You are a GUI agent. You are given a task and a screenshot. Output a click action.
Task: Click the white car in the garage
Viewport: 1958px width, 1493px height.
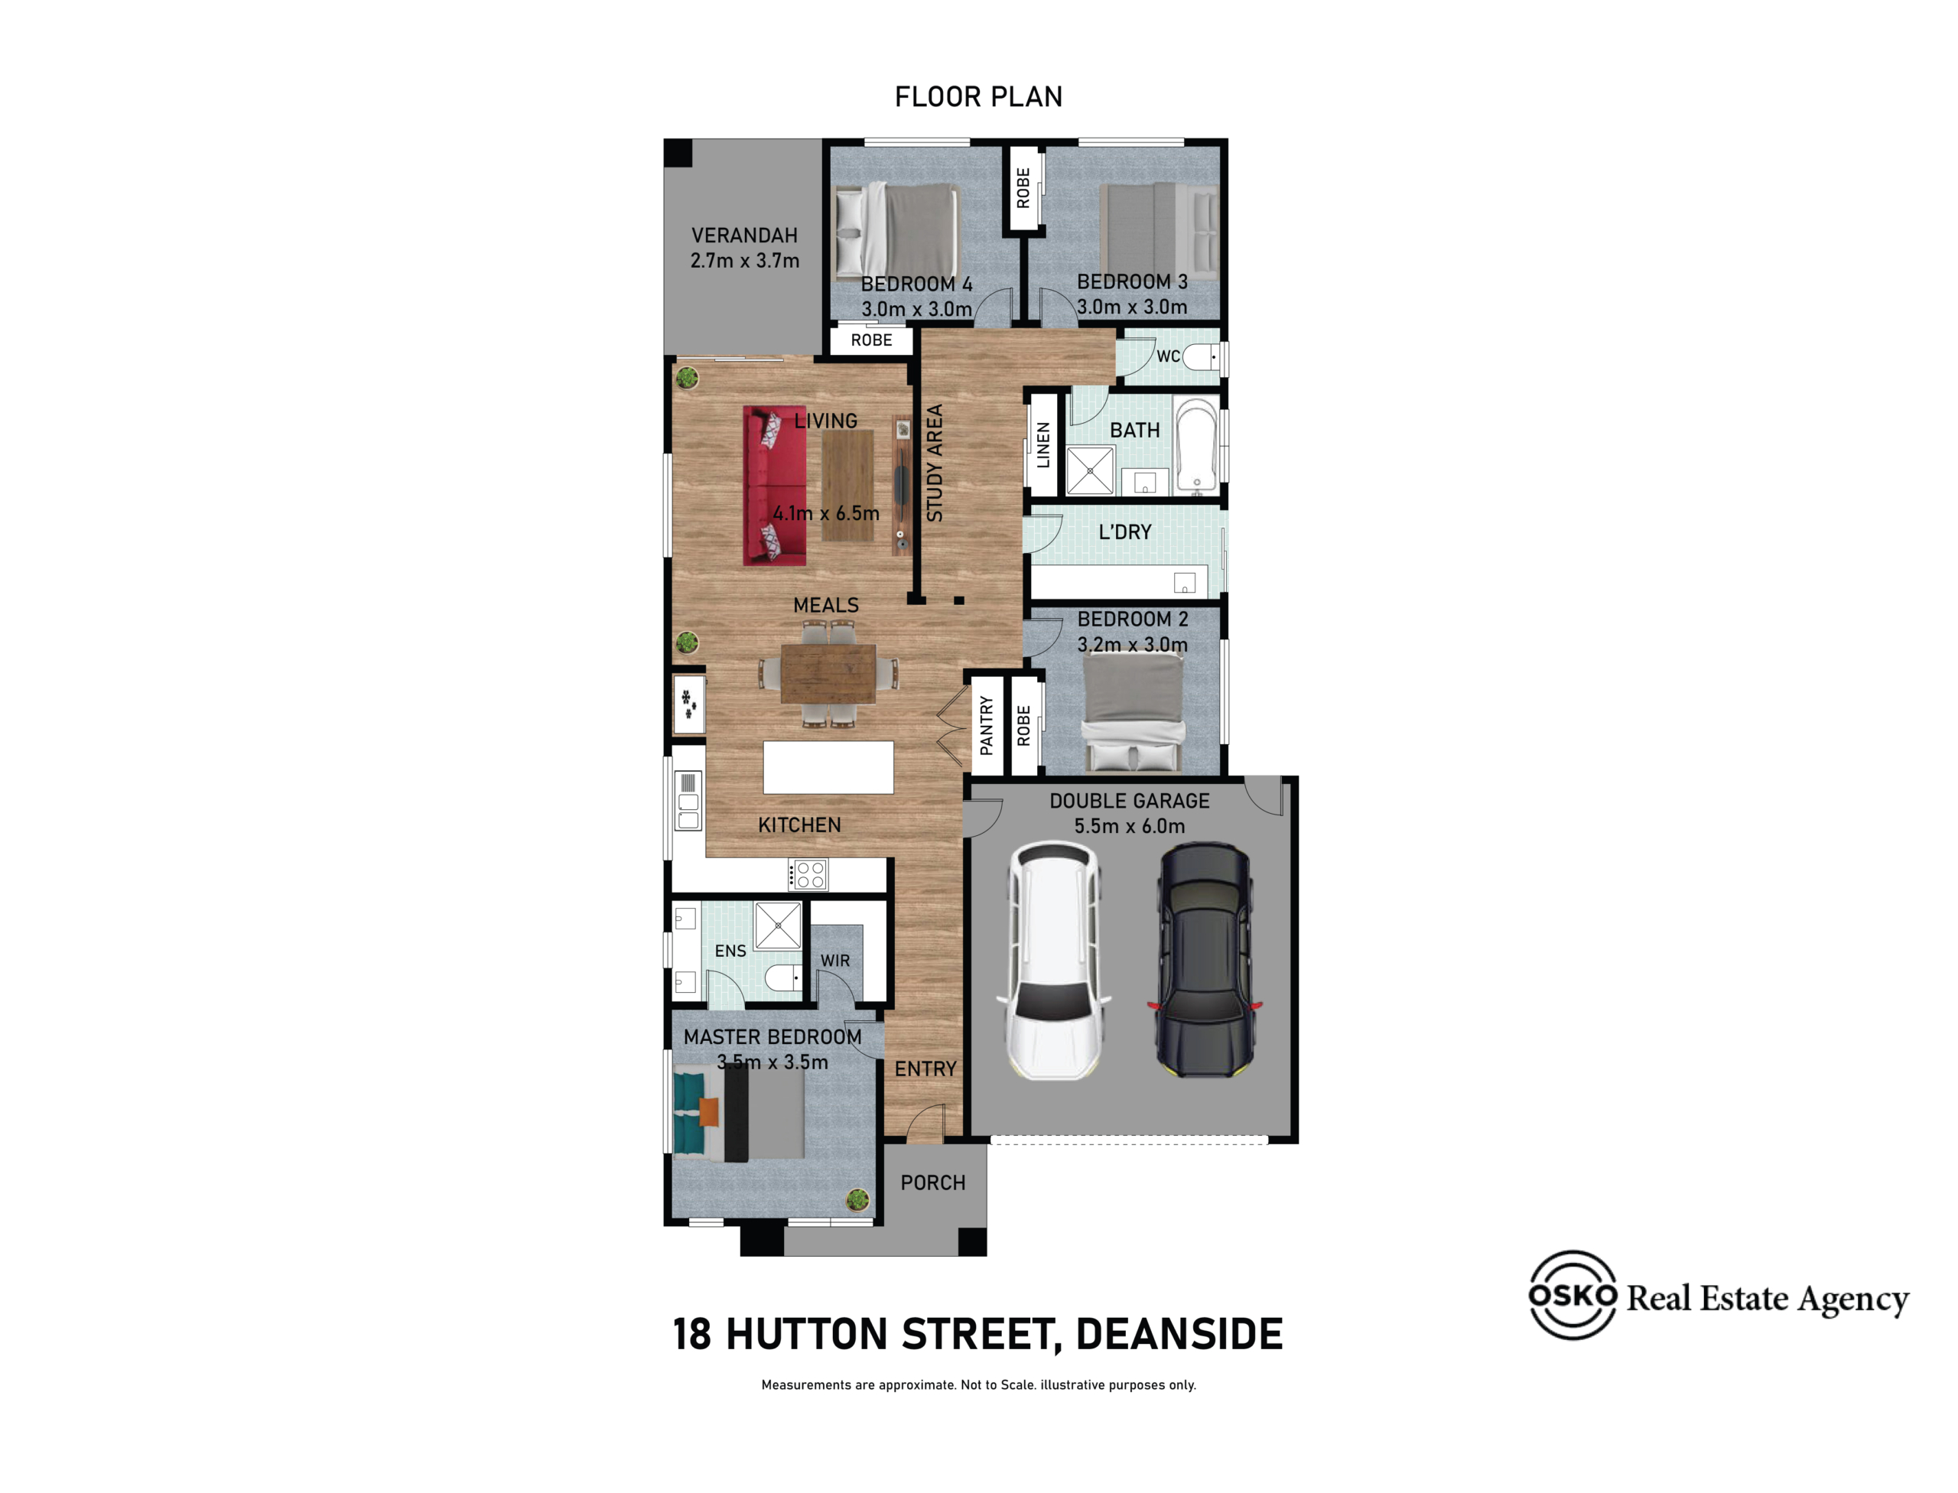pos(1053,961)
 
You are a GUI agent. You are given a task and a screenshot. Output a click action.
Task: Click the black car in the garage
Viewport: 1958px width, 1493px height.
pos(1205,961)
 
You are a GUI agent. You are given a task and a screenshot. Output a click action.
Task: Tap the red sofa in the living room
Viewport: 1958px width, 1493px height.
pos(775,486)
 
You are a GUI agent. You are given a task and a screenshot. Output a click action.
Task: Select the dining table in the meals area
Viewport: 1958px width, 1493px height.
pos(828,674)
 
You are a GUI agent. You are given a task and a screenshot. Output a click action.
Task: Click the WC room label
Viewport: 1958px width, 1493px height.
pos(1168,356)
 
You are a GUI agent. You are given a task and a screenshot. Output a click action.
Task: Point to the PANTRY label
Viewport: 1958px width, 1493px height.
pos(986,725)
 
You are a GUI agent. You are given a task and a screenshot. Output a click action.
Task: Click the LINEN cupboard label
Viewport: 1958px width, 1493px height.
pos(1043,444)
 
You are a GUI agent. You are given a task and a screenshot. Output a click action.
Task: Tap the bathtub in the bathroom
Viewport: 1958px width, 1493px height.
pos(1196,445)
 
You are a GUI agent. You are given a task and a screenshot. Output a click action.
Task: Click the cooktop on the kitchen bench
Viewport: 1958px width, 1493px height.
pos(808,874)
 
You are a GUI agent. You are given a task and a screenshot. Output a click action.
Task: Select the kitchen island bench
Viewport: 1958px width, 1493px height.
pos(828,767)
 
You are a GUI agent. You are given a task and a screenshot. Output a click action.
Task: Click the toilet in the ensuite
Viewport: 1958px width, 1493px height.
pos(783,978)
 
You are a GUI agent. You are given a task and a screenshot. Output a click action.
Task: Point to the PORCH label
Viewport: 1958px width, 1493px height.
pos(932,1182)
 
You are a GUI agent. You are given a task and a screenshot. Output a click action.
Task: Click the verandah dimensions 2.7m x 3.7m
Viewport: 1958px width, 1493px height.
pos(745,260)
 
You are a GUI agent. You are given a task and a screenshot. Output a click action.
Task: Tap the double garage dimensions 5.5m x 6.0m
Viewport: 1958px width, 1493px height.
pos(1129,825)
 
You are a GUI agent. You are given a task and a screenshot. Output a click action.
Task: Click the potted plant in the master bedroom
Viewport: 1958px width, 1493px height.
pos(857,1200)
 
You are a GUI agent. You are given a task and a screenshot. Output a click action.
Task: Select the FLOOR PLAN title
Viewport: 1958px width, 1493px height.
pos(978,96)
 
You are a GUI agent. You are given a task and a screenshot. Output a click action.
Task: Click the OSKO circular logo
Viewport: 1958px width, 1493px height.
pos(1573,1295)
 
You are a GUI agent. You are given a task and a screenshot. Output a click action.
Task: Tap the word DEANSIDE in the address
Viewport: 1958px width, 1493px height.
pos(1179,1334)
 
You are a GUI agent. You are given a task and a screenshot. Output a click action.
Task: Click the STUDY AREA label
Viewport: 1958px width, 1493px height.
pos(934,463)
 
